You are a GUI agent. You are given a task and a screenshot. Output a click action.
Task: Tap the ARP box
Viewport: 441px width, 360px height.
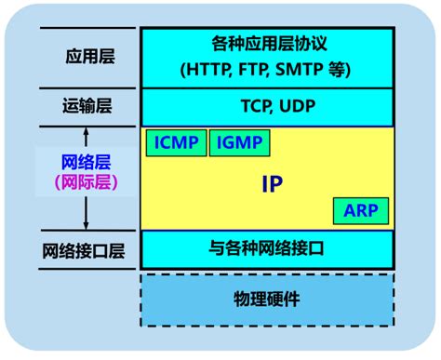[x=361, y=210]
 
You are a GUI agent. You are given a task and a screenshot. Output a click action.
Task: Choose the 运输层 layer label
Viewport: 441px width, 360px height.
[x=89, y=106]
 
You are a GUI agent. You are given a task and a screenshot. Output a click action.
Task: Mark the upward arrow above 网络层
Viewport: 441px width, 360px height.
[x=86, y=138]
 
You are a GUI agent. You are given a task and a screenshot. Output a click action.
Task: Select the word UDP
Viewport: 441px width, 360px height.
[x=295, y=106]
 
